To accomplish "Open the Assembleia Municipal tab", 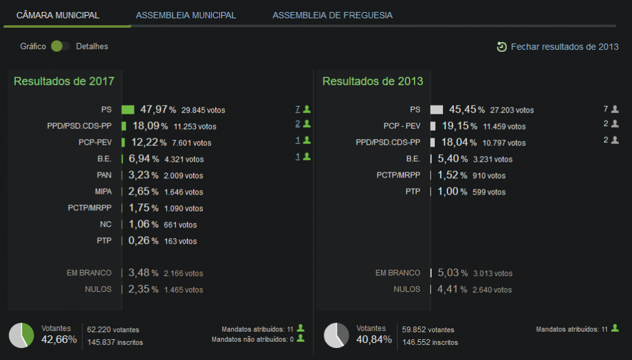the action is tap(186, 15).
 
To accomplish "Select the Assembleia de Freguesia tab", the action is tap(332, 15).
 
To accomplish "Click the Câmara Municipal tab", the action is tap(58, 15).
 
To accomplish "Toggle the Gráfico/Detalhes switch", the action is tap(60, 46).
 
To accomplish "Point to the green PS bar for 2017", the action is tap(128, 109).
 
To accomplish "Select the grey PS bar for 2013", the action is tap(437, 109).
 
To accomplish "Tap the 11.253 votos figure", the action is tap(195, 126).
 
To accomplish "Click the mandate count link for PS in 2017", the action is tap(298, 109).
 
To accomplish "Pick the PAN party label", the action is tap(104, 175).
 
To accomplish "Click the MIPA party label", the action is tap(103, 191).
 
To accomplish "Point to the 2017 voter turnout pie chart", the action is tap(21, 335).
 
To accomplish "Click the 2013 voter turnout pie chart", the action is tap(337, 335).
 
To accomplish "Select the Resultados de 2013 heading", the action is tap(373, 81).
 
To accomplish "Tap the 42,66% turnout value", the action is tap(59, 339).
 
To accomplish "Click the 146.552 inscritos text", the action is tap(430, 342).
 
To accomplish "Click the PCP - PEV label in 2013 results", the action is tap(402, 126).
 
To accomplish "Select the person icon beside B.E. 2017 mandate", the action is tap(307, 156).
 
